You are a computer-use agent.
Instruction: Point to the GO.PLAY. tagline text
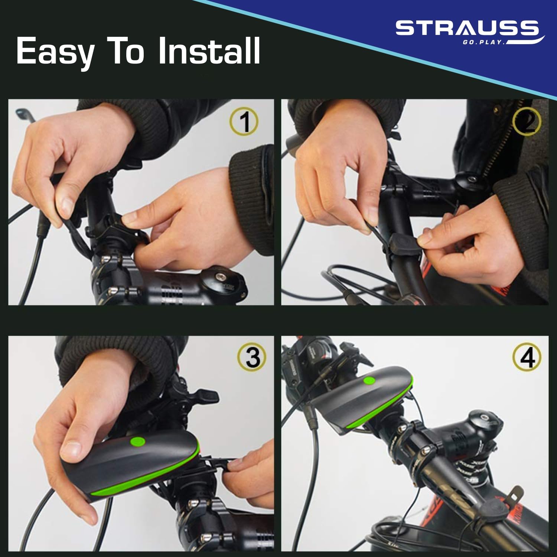click(x=484, y=42)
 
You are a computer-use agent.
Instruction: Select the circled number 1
click(x=244, y=121)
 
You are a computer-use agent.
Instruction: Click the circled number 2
click(x=527, y=121)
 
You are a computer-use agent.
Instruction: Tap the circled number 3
click(x=252, y=357)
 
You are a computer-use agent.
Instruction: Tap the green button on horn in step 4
click(x=369, y=381)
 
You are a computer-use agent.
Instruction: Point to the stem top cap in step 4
click(x=485, y=418)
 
